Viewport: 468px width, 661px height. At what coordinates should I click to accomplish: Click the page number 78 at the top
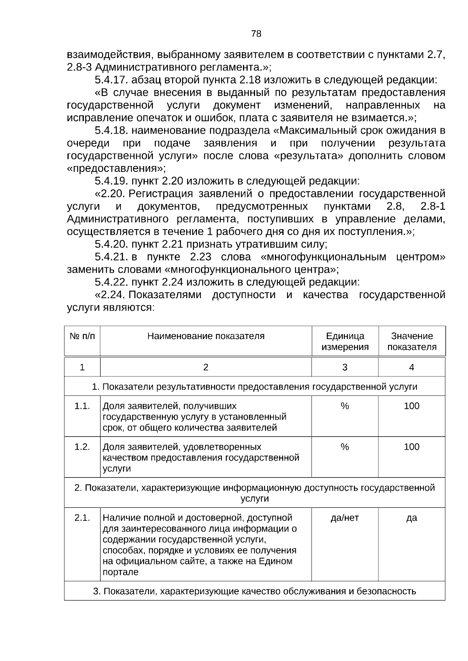tap(256, 34)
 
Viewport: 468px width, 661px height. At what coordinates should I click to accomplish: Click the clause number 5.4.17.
tap(111, 80)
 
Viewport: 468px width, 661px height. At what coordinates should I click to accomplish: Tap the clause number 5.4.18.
tap(111, 131)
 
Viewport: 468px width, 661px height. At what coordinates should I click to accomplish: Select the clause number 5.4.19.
tap(111, 181)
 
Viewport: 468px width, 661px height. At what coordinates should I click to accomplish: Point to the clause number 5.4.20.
tap(111, 244)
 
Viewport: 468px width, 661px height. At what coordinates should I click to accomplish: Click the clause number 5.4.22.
tap(111, 282)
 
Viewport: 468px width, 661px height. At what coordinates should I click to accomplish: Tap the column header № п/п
tap(82, 336)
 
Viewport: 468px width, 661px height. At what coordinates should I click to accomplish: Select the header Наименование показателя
tap(206, 336)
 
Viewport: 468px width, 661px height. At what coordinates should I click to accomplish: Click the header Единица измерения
tap(345, 341)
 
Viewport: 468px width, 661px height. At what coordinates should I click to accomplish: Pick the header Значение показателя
tap(412, 341)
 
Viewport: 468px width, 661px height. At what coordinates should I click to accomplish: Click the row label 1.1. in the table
tap(82, 406)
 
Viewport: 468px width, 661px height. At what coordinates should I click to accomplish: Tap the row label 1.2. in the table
tap(82, 447)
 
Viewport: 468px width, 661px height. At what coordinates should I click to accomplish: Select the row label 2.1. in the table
tap(82, 518)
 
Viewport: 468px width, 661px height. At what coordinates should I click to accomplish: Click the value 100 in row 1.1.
tap(411, 406)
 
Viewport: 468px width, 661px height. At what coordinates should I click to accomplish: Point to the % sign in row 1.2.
tap(345, 447)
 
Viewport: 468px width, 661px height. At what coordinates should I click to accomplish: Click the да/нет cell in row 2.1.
tap(345, 518)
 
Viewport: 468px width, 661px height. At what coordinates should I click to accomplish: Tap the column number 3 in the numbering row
tap(345, 367)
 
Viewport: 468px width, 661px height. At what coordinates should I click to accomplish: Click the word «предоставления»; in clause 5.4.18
tap(116, 169)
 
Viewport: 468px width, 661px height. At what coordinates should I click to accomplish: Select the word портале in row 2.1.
tap(120, 573)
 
